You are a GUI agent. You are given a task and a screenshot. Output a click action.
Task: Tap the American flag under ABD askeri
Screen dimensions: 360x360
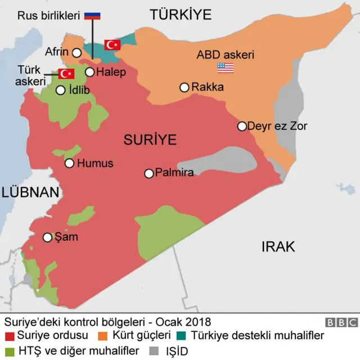click(225, 67)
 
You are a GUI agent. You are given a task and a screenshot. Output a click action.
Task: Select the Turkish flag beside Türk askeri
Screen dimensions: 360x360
click(67, 74)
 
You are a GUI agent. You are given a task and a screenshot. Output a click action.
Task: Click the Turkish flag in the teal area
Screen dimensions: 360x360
click(113, 44)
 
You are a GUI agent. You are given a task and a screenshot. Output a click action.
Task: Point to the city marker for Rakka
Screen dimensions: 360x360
click(184, 87)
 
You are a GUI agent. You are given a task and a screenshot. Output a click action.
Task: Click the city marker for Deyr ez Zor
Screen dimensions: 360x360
click(242, 126)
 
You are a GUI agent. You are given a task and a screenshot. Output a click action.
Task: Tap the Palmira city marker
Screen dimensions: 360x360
click(149, 173)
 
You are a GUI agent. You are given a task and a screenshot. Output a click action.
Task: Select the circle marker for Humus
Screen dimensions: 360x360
click(69, 163)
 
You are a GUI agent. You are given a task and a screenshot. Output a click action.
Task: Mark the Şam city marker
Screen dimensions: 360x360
click(48, 237)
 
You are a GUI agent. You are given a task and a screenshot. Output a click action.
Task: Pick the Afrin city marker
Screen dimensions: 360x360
click(76, 52)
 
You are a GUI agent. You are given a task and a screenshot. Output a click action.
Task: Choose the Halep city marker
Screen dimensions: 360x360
click(89, 72)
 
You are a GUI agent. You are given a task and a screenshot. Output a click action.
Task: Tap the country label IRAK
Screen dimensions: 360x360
click(278, 246)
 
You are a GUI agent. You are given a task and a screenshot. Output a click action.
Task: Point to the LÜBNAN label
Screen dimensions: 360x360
click(30, 192)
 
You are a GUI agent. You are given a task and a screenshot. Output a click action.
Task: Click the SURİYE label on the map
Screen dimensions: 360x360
click(150, 139)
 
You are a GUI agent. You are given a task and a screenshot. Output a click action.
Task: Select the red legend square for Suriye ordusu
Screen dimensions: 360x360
click(9, 336)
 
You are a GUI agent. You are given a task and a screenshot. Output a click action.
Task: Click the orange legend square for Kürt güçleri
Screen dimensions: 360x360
click(103, 336)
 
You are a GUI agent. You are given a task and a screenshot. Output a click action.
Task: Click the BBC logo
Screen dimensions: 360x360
click(341, 322)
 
